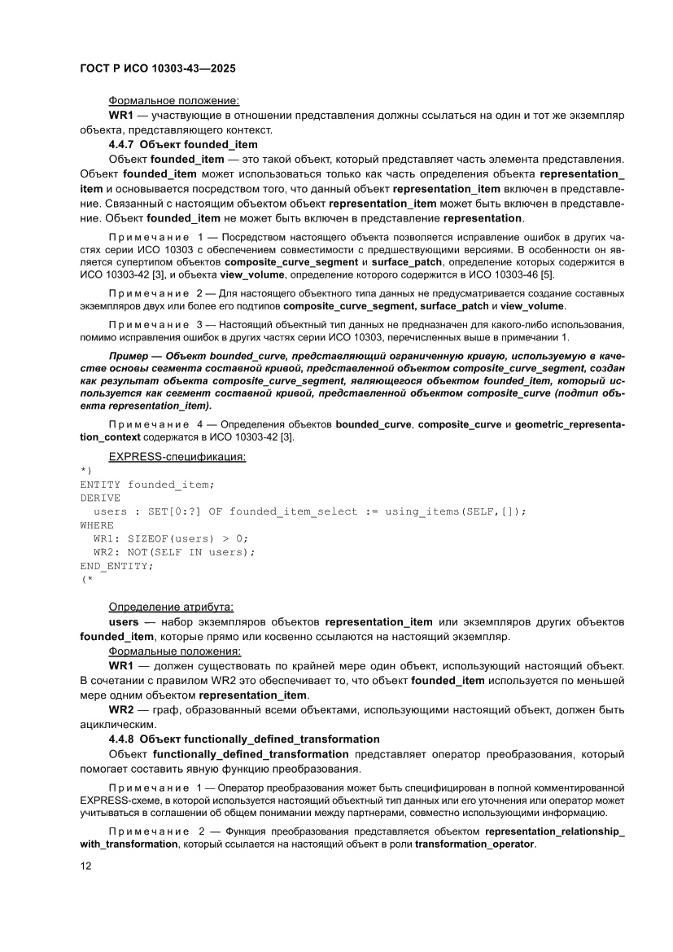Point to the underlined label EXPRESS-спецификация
[177, 457]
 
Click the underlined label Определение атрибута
[171, 607]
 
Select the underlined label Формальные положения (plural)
[174, 651]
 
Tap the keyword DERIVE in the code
[100, 498]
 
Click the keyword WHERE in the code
[97, 525]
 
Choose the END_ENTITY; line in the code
[116, 565]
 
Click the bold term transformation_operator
[474, 845]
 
